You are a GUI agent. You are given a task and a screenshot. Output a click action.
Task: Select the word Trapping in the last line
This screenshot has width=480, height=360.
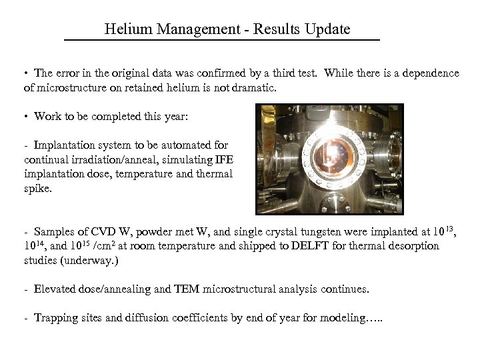click(x=56, y=319)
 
